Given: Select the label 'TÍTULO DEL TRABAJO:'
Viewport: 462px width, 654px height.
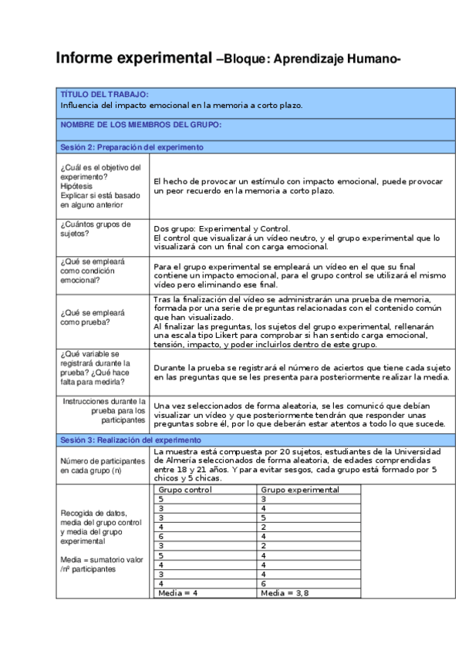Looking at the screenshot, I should point(99,94).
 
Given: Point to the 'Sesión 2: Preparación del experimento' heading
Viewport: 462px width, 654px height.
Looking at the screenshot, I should point(131,147).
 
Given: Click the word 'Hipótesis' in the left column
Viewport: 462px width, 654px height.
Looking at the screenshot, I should point(76,186).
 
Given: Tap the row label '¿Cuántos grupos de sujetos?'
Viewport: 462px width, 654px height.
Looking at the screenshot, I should point(95,229).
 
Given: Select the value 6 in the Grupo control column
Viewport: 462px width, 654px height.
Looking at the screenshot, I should point(160,536).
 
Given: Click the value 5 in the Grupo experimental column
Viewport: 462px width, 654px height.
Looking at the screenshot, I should point(264,517).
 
